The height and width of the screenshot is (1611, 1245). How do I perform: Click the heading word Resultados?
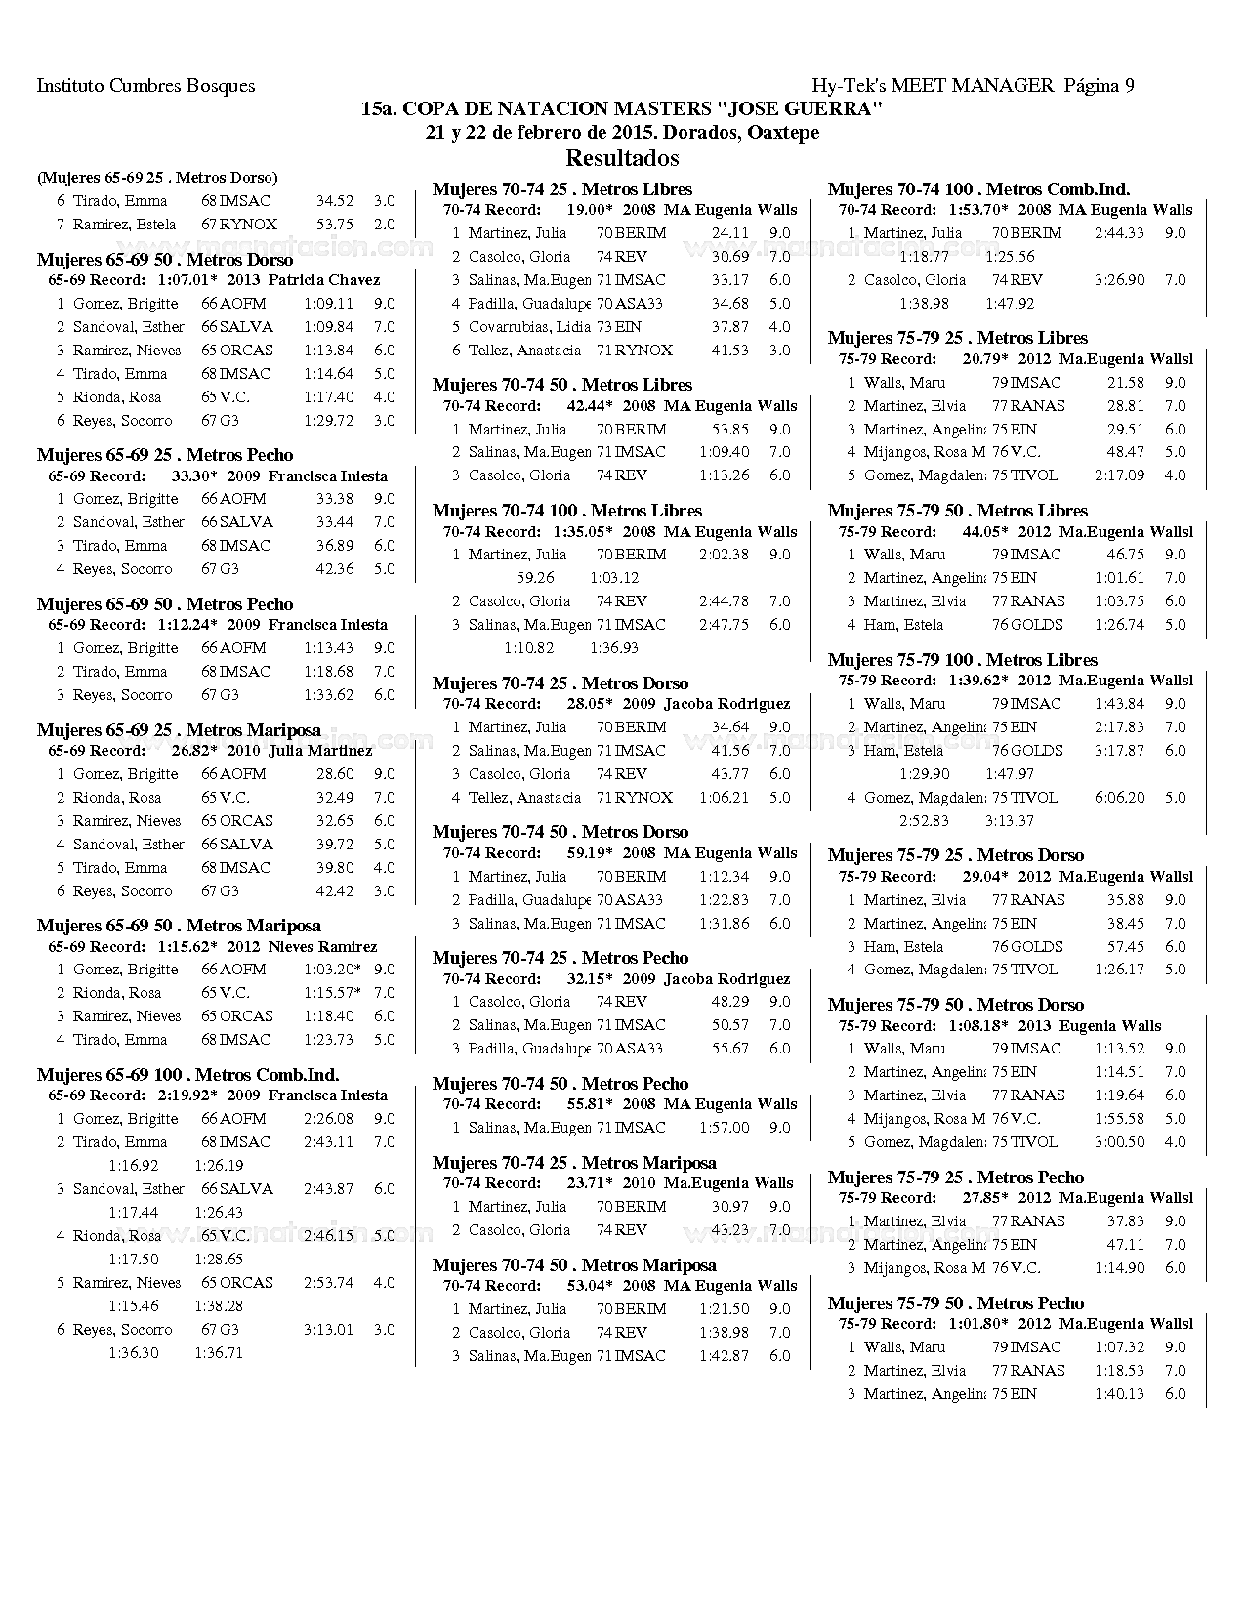[622, 158]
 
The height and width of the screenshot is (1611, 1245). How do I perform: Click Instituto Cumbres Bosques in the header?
[145, 85]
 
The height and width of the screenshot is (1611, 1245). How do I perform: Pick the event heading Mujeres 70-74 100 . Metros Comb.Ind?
[978, 189]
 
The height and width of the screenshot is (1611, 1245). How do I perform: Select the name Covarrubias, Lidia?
[529, 327]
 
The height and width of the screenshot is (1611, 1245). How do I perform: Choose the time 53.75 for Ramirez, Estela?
[335, 225]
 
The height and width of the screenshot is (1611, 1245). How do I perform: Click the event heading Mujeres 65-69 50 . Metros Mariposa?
[179, 926]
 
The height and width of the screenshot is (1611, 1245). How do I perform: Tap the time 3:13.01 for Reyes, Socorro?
[328, 1330]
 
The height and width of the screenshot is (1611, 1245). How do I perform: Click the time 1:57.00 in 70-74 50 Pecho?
[725, 1128]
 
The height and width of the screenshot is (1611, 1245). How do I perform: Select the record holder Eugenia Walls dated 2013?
[1110, 1026]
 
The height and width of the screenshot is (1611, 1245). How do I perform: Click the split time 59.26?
[535, 578]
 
